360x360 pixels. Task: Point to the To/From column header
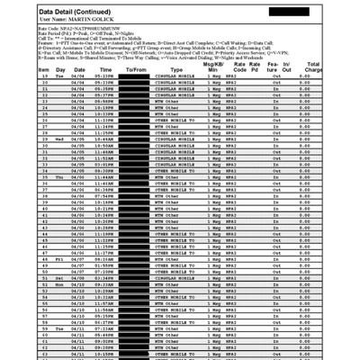click(x=136, y=67)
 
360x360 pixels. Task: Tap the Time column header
click(x=105, y=67)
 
